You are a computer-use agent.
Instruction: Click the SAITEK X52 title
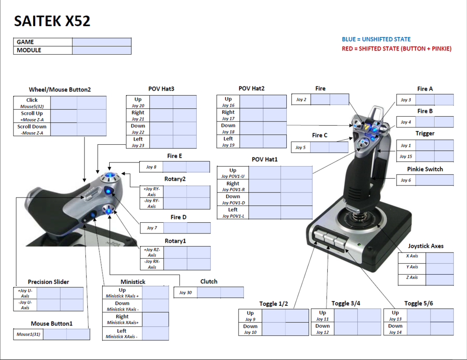52,21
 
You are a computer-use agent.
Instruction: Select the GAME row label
26,42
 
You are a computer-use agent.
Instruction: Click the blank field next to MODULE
102,50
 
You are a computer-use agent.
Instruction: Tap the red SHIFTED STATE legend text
396,49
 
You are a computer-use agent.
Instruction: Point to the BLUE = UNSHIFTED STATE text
376,39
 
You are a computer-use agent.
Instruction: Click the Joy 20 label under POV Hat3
138,102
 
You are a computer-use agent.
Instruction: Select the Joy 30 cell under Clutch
186,293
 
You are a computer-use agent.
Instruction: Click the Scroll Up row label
32,116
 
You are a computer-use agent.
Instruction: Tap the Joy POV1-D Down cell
233,199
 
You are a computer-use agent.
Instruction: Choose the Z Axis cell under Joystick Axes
412,278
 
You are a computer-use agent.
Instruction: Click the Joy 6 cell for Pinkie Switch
405,180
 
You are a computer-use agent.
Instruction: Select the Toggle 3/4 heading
346,304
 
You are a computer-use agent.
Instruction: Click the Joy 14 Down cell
395,329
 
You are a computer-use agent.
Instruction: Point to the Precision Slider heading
48,282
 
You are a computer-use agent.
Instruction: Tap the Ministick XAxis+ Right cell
122,319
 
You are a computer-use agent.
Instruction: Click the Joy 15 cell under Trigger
406,156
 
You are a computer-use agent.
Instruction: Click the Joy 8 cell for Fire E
151,167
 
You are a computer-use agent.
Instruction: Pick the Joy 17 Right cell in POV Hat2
228,115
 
